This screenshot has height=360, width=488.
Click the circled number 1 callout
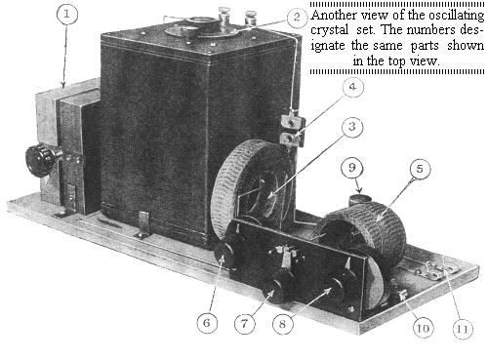[67, 15]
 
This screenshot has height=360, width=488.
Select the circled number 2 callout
[298, 18]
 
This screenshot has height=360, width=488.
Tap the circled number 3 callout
[352, 127]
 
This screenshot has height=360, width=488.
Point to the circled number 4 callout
[352, 87]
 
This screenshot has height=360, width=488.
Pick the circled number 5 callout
[420, 169]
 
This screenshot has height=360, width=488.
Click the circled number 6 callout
[207, 323]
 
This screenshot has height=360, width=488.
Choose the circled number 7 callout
[245, 324]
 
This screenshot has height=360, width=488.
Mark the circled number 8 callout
[283, 324]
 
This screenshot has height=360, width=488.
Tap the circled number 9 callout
[352, 168]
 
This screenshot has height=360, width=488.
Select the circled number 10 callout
[424, 328]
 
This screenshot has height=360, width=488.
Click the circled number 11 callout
[463, 329]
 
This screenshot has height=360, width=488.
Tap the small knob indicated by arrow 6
[224, 254]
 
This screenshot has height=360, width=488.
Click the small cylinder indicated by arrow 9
[359, 199]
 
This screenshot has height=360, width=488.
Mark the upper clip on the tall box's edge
[293, 120]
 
